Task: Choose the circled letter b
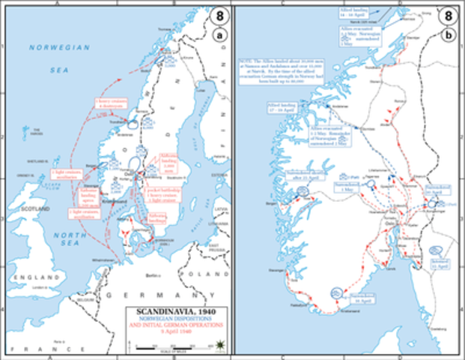448,32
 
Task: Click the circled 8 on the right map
448,15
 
